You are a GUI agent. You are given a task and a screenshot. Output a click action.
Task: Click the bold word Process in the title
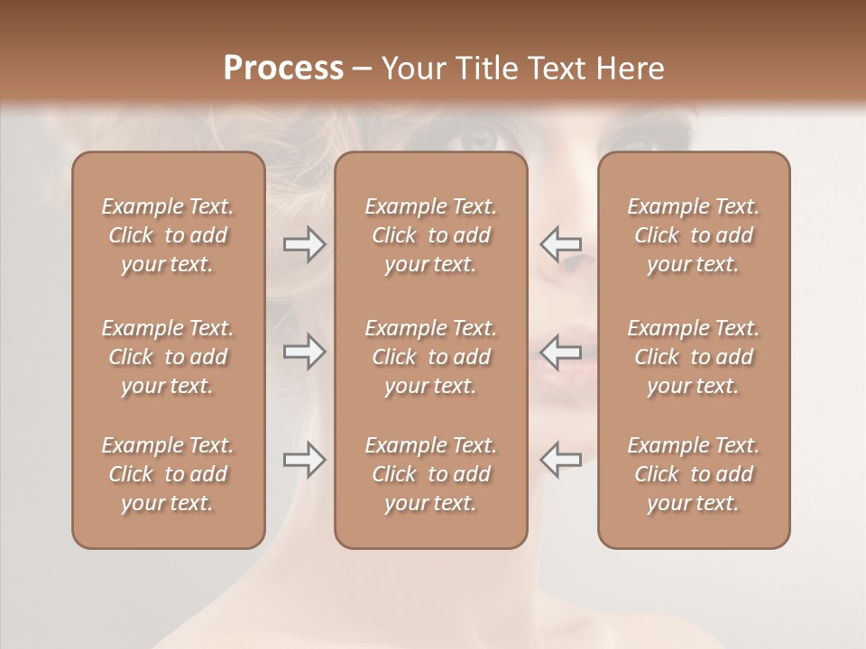pos(283,69)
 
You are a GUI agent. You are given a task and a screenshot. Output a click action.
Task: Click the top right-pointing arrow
pos(304,244)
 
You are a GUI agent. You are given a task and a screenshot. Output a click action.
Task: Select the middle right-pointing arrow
pos(304,352)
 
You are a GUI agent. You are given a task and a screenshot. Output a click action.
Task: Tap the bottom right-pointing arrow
pos(304,460)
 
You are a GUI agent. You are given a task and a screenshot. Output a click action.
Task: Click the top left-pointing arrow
pos(560,244)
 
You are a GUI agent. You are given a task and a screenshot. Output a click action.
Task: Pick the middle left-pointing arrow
pos(560,352)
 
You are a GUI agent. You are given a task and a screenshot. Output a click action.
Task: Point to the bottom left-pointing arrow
pos(560,460)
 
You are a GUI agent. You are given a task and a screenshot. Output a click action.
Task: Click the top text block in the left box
pos(168,235)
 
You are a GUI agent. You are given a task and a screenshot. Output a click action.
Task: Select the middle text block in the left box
pos(168,357)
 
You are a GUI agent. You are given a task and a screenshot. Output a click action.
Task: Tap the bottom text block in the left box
pos(168,474)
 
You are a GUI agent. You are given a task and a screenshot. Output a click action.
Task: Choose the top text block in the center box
pos(430,235)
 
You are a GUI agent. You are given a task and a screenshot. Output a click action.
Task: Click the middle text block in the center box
pos(430,357)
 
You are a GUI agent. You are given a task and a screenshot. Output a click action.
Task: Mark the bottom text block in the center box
pos(430,474)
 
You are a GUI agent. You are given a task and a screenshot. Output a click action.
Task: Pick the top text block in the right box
pos(693,235)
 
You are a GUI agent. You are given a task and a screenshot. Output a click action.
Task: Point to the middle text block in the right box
pos(693,357)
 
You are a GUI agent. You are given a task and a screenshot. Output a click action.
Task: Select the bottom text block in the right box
pos(693,474)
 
